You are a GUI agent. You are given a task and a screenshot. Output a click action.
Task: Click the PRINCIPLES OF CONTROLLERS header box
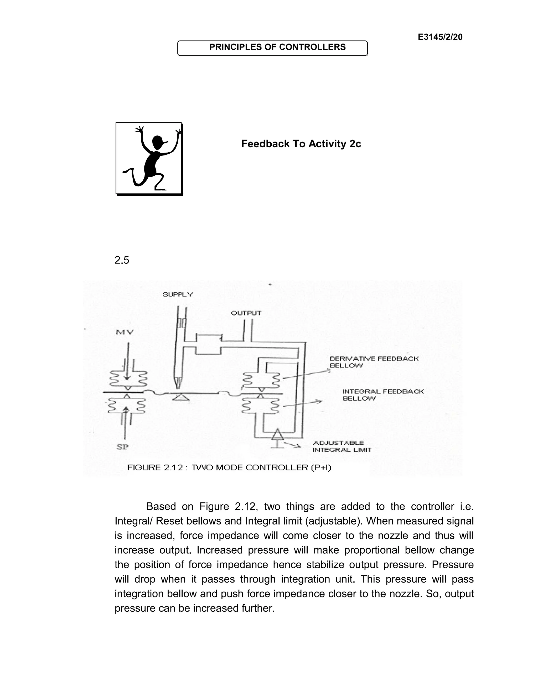[x=272, y=48]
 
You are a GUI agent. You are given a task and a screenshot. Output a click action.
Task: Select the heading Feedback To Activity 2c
[x=301, y=144]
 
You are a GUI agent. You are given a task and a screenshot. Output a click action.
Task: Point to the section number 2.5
[x=122, y=260]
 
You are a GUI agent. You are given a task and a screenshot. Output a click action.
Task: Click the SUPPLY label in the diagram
[x=178, y=294]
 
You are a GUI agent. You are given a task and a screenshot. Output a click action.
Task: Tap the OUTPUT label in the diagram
[x=246, y=313]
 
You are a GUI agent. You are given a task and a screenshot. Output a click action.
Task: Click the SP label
[x=122, y=447]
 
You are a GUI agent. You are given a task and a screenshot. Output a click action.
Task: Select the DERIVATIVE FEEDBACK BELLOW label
[x=374, y=362]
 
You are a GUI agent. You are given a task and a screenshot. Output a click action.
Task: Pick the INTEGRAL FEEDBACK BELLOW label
[x=383, y=394]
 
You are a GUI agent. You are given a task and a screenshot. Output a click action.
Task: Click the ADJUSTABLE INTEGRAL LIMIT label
[x=342, y=446]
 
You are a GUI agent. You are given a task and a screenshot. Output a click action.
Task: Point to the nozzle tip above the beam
[x=178, y=385]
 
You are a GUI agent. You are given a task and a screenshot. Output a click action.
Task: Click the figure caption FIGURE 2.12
[x=229, y=468]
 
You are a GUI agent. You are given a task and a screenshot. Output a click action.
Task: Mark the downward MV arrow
[x=127, y=363]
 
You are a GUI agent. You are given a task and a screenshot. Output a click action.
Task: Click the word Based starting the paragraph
[x=161, y=506]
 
